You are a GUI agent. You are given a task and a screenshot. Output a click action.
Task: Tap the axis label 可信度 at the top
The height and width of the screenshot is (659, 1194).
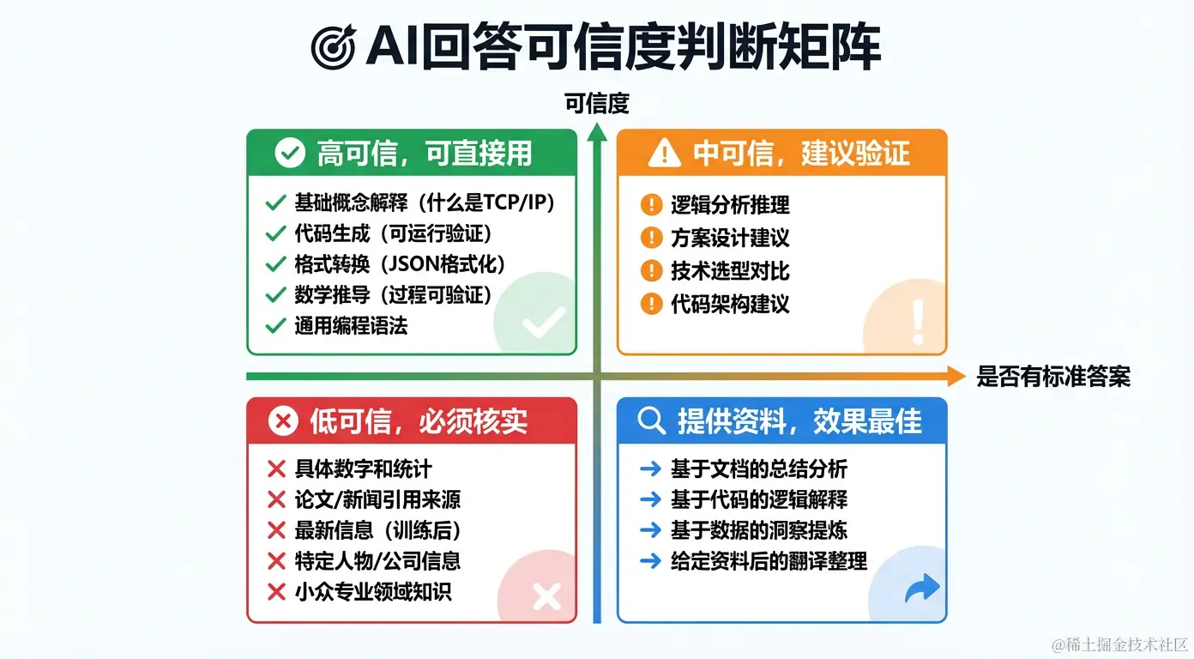[x=597, y=104]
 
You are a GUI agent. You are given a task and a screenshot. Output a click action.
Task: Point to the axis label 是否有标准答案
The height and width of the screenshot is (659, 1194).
[x=1052, y=376]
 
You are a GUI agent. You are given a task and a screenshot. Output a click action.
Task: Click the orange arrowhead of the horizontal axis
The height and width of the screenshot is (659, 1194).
[x=956, y=376]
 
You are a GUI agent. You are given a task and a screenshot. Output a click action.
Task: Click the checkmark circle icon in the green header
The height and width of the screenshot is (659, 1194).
[x=289, y=154]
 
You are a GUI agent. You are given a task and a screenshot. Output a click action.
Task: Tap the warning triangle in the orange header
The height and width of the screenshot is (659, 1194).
[x=664, y=154]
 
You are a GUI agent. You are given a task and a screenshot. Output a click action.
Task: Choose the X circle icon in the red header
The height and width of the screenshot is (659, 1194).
[x=283, y=421]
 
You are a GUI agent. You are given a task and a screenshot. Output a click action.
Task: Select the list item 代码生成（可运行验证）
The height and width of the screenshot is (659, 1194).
[x=393, y=233]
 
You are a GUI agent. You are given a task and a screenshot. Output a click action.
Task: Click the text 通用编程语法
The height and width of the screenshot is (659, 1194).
[x=351, y=325]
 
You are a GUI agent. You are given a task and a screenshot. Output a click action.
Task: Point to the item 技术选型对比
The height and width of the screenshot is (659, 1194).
[x=730, y=271]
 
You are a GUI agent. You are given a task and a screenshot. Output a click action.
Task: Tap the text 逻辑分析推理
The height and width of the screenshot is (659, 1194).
[x=730, y=205]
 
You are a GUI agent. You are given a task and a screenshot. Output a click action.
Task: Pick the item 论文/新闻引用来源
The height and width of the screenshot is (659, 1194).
[x=378, y=499]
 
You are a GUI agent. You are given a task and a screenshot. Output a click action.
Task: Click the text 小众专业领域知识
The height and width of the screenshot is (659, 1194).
[x=372, y=591]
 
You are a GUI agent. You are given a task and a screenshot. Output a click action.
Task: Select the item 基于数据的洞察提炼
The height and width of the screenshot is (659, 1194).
[x=759, y=530]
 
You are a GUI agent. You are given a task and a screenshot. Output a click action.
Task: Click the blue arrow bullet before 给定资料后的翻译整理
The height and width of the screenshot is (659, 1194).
[x=650, y=561]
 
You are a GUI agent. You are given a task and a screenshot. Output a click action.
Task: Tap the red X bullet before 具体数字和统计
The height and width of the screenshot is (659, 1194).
[x=276, y=469]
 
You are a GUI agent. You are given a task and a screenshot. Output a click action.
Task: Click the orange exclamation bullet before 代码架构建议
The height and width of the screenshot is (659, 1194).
[x=651, y=304]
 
